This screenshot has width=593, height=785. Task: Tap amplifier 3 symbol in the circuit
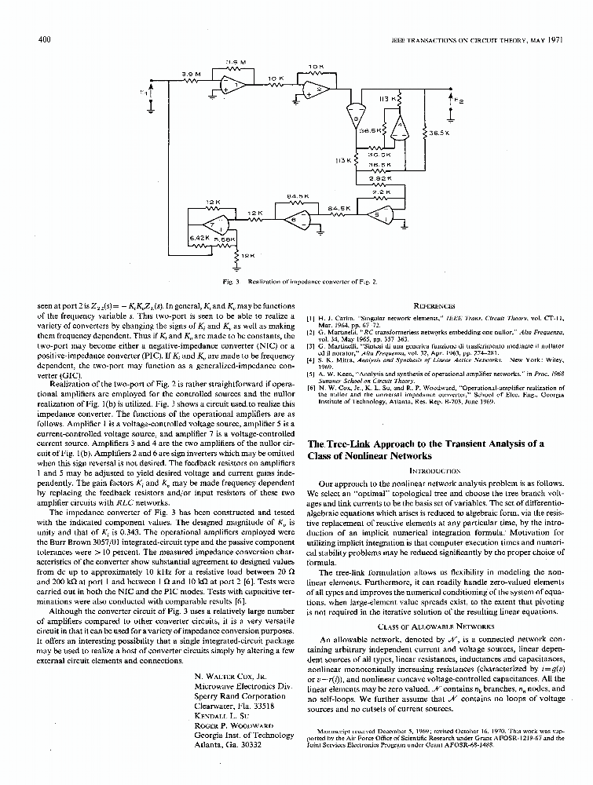point(359,117)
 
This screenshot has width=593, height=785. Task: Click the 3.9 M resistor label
point(192,73)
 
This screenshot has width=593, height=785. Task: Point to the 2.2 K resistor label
point(380,192)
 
